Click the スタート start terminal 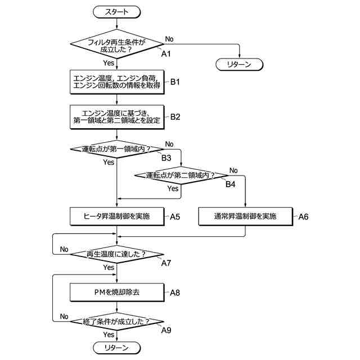pyautogui.click(x=116, y=12)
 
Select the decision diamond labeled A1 pyautogui.click(x=116, y=44)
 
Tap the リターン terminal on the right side pyautogui.click(x=239, y=65)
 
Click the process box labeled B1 pyautogui.click(x=117, y=82)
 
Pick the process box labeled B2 pyautogui.click(x=117, y=117)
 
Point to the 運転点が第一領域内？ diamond pyautogui.click(x=116, y=149)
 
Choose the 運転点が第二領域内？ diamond pyautogui.click(x=181, y=175)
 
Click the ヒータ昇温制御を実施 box pyautogui.click(x=117, y=217)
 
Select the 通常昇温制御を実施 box pyautogui.click(x=245, y=217)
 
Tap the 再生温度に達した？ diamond pyautogui.click(x=116, y=254)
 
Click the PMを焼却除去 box pyautogui.click(x=117, y=292)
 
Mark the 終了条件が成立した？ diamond pyautogui.click(x=116, y=321)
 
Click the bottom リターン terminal pyautogui.click(x=116, y=348)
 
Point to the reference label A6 pyautogui.click(x=303, y=217)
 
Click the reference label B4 pyautogui.click(x=230, y=184)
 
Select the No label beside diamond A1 pyautogui.click(x=169, y=39)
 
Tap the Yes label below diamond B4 pyautogui.click(x=173, y=189)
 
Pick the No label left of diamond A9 pyautogui.click(x=64, y=317)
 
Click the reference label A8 pyautogui.click(x=175, y=293)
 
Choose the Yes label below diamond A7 pyautogui.click(x=109, y=268)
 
